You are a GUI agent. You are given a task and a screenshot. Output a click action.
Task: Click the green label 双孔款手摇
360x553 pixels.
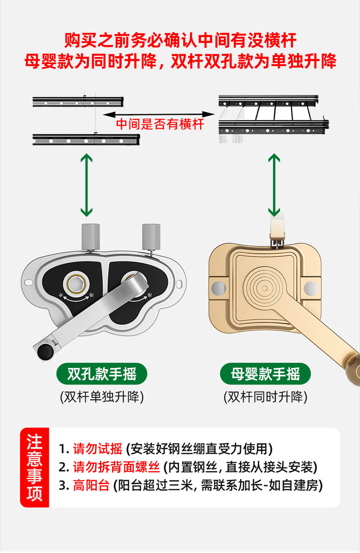(102, 374)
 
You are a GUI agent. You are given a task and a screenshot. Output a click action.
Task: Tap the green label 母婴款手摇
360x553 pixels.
(265, 374)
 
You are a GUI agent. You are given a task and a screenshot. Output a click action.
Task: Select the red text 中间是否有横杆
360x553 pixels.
(160, 124)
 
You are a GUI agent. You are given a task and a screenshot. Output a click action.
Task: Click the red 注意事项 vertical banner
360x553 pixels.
(34, 468)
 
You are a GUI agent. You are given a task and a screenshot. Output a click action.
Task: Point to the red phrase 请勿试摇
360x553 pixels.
(98, 449)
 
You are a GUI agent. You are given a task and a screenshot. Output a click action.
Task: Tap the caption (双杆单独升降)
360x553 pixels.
(102, 397)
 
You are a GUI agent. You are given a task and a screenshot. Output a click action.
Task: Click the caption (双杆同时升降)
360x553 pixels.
(265, 397)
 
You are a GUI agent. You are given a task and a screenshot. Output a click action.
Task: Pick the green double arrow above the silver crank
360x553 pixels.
(86, 185)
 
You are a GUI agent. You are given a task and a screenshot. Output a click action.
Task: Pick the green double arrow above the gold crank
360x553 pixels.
(274, 185)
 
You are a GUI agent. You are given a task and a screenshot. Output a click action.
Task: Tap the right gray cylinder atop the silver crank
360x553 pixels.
(151, 236)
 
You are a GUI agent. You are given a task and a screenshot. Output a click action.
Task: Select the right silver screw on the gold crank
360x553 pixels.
(311, 288)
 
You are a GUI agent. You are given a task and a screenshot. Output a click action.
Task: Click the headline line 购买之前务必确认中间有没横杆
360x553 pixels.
(180, 41)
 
